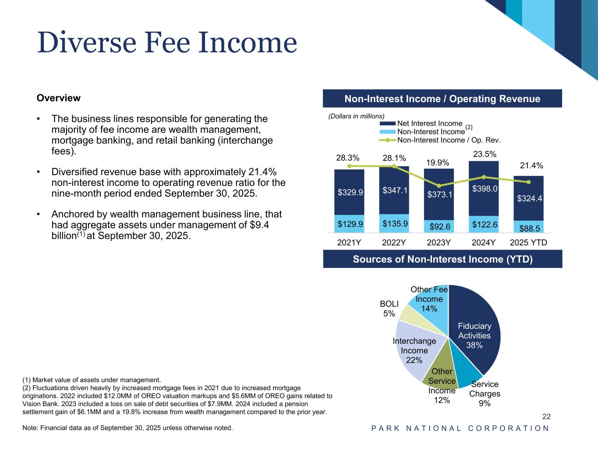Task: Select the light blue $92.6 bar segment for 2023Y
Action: coord(439,227)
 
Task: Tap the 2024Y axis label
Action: coord(484,242)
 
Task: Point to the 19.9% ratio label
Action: coord(438,163)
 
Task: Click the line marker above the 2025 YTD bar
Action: coord(529,182)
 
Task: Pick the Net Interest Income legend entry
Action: coord(429,123)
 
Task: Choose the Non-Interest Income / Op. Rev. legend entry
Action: coord(448,140)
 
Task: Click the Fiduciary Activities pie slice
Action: coord(474,335)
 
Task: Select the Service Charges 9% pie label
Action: coord(485,394)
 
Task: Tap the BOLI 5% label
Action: coord(389,308)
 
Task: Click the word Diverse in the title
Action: coord(86,43)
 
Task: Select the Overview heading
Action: coord(59,98)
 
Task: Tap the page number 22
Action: coord(546,417)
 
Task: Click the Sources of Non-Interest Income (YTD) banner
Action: coord(442,259)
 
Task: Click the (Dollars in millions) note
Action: coord(356,116)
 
